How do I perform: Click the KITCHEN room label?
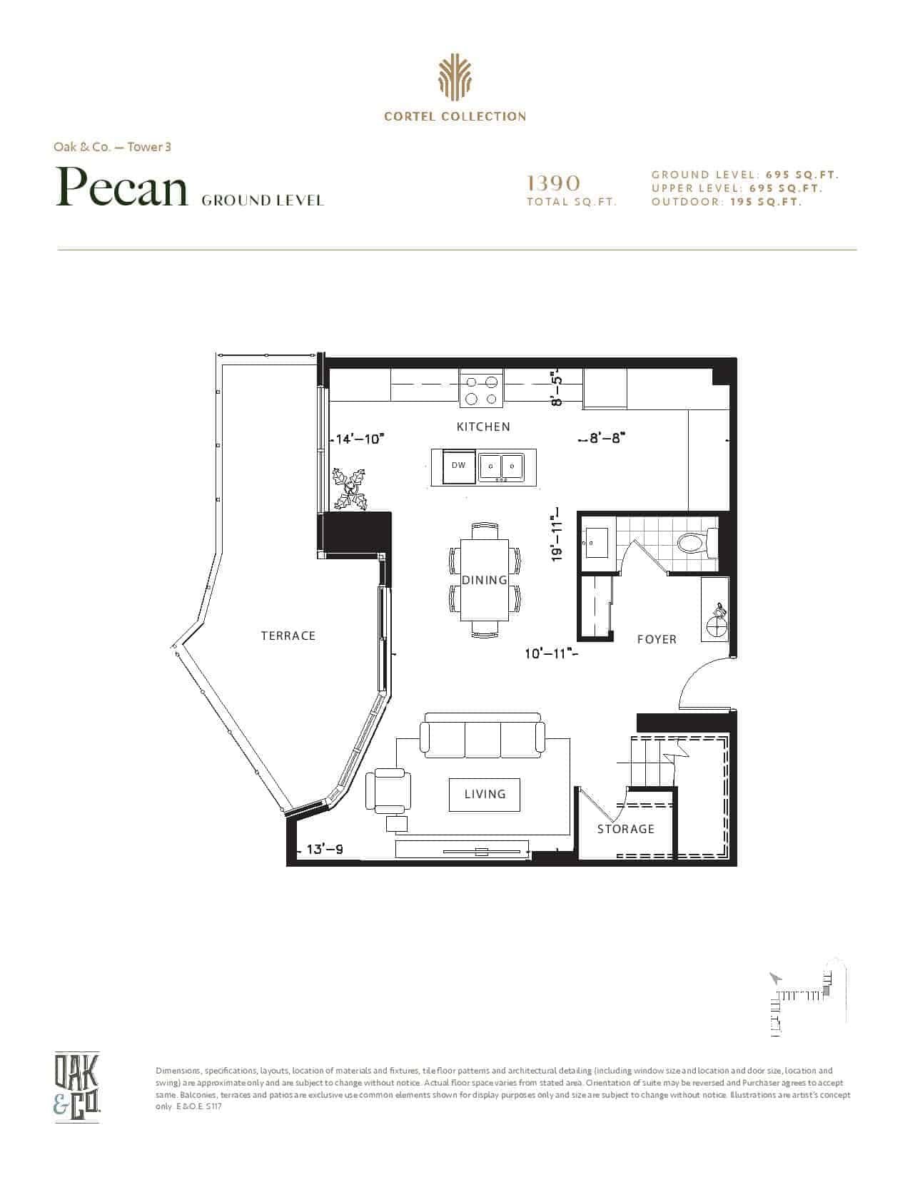(483, 427)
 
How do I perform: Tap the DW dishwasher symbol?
(458, 465)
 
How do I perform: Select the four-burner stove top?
(481, 389)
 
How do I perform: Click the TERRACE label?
(288, 636)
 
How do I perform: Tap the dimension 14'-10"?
(359, 439)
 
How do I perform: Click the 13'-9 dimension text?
(324, 850)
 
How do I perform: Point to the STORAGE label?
(625, 829)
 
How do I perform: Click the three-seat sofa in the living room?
(482, 735)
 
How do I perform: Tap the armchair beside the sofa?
(388, 790)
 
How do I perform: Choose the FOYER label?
(657, 639)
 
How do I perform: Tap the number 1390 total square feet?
(553, 183)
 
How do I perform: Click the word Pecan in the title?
(122, 187)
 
